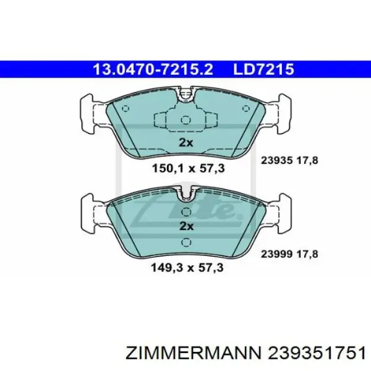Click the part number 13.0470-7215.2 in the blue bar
[153, 69]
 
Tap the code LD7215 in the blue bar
[264, 69]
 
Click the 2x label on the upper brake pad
[185, 143]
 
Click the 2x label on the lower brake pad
[187, 226]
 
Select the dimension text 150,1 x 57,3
[188, 168]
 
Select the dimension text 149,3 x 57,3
[187, 268]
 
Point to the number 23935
[276, 161]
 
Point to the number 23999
[276, 254]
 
